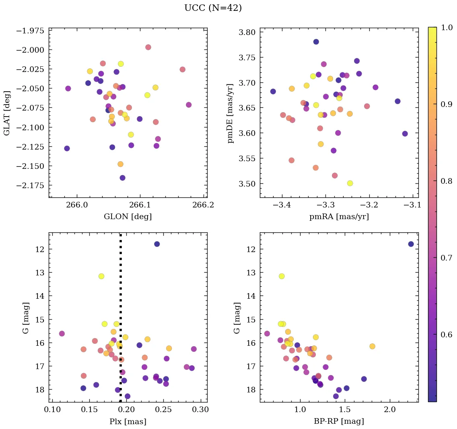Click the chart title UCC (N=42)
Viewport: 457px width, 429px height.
point(213,8)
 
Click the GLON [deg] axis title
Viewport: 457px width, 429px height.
point(128,217)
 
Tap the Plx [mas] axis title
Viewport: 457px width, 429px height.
point(128,421)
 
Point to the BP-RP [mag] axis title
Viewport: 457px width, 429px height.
point(339,421)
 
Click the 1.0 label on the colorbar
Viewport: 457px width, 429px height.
point(447,27)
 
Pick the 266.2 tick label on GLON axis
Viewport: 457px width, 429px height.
point(203,205)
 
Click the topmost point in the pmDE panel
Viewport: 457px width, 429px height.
point(316,42)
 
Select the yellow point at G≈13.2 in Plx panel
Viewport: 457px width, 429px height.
point(101,276)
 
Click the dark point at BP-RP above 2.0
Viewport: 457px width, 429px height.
point(411,244)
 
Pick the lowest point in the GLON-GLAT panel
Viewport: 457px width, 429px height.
point(122,178)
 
